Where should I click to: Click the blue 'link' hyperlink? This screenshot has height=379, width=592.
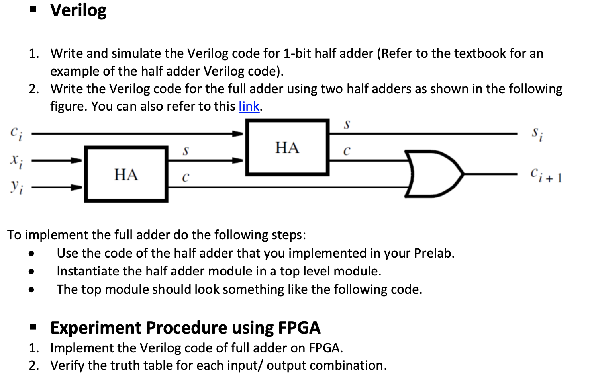point(249,106)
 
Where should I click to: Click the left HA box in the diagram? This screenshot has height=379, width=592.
point(126,174)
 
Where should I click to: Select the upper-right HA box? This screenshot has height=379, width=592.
point(287,147)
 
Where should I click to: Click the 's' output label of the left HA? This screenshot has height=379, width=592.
point(185,150)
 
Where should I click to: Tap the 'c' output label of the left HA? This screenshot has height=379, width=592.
point(185,177)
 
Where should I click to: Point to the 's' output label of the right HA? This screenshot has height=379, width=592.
point(347,124)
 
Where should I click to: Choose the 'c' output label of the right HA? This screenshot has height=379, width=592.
point(347,150)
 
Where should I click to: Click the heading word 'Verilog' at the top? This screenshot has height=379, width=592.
point(78,10)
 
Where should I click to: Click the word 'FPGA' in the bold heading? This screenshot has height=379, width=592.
point(299,328)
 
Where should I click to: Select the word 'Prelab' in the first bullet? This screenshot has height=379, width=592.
point(433,253)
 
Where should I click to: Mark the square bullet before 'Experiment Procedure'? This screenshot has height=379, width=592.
point(33,328)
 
